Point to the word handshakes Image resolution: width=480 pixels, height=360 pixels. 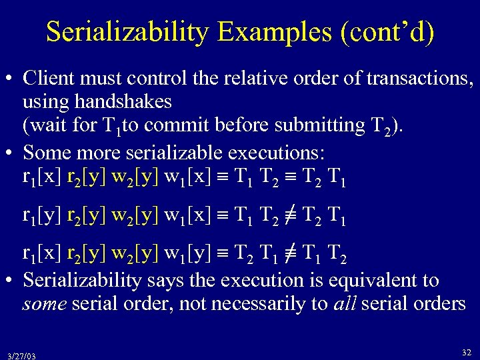tap(97, 101)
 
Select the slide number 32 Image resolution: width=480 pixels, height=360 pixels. tap(465, 351)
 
